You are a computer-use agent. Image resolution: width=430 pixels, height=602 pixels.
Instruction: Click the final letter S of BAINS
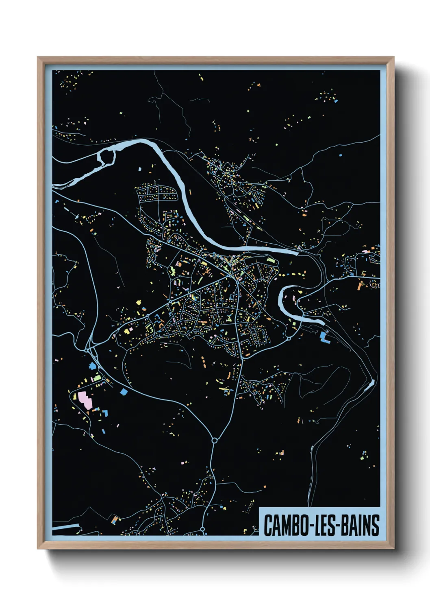click(x=376, y=525)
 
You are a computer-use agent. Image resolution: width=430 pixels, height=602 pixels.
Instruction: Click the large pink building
click(x=85, y=400)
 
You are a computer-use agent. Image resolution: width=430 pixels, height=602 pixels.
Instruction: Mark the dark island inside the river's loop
click(x=107, y=157)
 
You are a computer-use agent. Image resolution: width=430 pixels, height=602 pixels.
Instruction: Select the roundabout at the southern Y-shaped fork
click(x=214, y=440)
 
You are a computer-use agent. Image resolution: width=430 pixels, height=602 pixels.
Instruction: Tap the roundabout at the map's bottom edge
click(x=202, y=530)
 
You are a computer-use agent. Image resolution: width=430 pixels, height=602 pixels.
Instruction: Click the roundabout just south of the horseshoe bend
click(x=289, y=338)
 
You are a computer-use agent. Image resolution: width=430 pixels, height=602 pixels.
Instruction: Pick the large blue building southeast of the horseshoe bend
click(x=324, y=337)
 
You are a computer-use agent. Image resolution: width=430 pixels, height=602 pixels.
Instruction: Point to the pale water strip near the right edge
click(x=369, y=385)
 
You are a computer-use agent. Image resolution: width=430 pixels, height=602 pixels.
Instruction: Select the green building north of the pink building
click(x=98, y=378)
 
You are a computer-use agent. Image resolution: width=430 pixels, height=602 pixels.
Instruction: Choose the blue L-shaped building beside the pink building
click(x=105, y=413)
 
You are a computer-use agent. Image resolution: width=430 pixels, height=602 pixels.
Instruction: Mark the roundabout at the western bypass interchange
click(x=87, y=349)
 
